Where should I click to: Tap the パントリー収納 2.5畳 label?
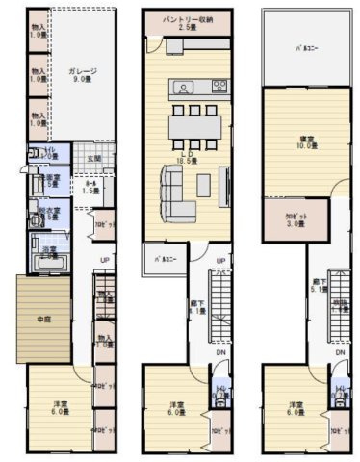click(188, 22)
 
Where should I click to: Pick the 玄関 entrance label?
click(94, 159)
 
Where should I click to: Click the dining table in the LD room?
click(194, 127)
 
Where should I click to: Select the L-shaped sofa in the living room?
click(174, 192)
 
